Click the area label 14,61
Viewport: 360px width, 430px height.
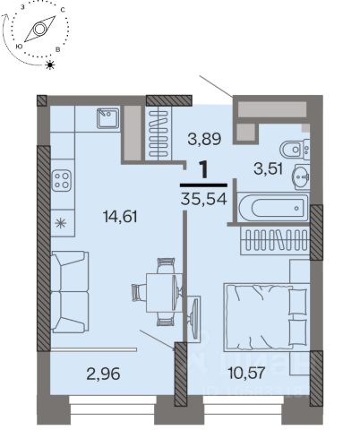(120, 216)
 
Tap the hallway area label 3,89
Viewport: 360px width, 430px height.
(204, 139)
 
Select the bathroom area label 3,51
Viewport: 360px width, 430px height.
(268, 169)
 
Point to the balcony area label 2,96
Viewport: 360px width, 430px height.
(103, 374)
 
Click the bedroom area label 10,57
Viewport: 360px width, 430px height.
(246, 373)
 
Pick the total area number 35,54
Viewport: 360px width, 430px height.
(204, 198)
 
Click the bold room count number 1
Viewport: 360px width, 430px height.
(204, 170)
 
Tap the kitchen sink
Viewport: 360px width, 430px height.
(108, 118)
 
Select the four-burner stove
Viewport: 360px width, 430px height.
(62, 181)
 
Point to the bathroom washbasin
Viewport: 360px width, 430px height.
(302, 176)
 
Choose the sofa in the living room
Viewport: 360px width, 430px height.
(70, 291)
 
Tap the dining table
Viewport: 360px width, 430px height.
(164, 293)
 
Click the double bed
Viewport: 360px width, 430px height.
(266, 316)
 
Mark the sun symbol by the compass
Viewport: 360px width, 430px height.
(50, 64)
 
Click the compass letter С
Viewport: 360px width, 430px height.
(63, 10)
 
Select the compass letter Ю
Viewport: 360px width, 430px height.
(19, 46)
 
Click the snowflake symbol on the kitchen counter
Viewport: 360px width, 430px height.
(61, 223)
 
